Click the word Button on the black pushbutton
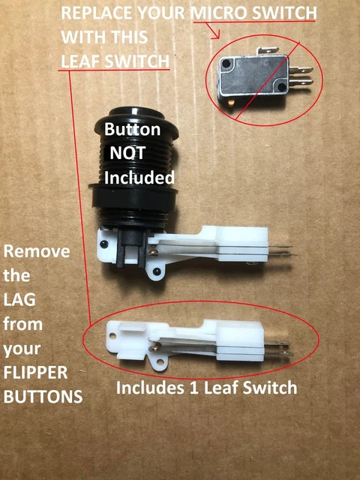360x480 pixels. pos(131,129)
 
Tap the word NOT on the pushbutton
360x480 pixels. pos(131,153)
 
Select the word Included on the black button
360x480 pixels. pos(139,178)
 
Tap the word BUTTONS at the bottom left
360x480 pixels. pos(43,397)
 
